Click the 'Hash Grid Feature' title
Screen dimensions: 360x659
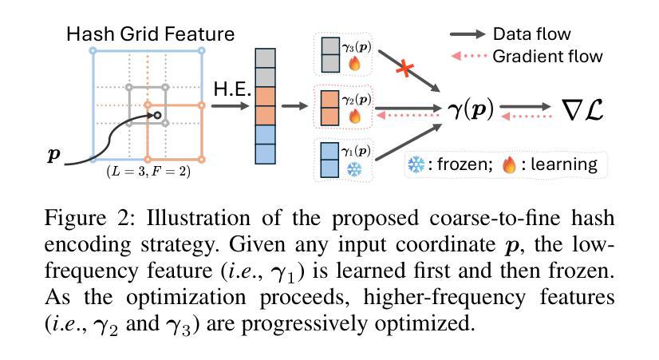point(150,34)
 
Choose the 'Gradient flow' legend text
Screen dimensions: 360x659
point(547,56)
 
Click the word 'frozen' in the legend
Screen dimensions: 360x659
point(459,165)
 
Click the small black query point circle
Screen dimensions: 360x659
point(157,116)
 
